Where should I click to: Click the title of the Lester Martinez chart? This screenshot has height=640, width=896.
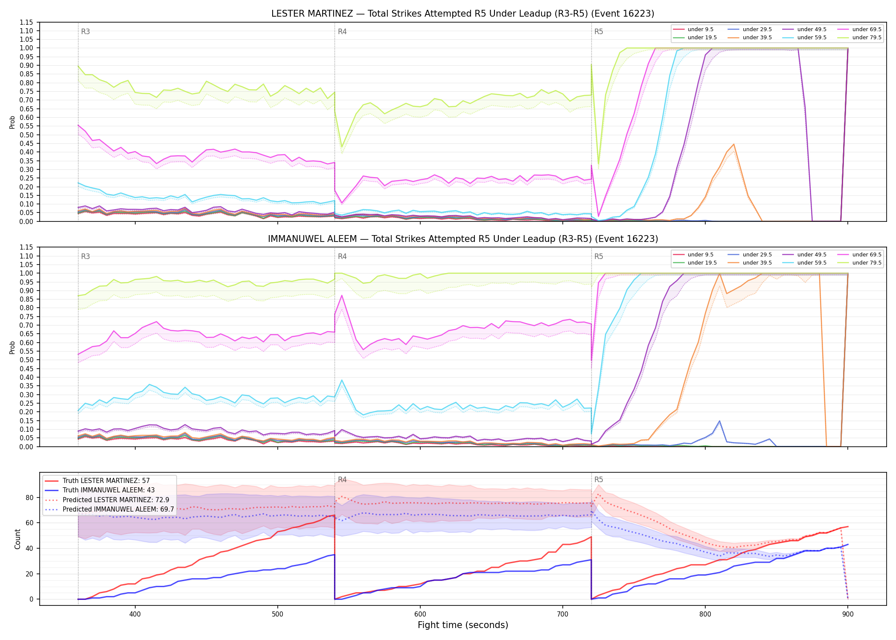tap(463, 14)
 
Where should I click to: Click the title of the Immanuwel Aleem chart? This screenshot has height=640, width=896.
tap(463, 239)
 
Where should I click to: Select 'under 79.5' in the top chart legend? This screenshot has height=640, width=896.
tap(867, 38)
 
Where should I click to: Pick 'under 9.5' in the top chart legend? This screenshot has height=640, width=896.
tap(700, 29)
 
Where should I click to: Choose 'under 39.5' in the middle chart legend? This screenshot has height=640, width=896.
tap(757, 263)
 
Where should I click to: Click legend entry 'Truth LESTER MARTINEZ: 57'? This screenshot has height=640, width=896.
tap(106, 481)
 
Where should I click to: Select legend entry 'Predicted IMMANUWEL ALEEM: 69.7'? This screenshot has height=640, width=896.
tap(118, 509)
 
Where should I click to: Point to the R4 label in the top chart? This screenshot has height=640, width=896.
tap(342, 32)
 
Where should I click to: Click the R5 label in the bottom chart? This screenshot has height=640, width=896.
tap(599, 480)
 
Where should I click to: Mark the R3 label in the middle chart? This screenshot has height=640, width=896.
tap(85, 256)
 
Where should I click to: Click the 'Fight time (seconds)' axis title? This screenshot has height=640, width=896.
tap(463, 625)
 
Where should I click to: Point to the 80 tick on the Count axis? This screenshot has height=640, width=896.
tap(29, 497)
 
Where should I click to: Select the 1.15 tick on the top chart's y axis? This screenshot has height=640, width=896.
tap(26, 22)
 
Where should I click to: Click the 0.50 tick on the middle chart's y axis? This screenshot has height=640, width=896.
tap(26, 360)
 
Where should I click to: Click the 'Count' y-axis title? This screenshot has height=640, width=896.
tap(17, 539)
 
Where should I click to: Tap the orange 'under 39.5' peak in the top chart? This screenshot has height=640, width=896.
tap(733, 144)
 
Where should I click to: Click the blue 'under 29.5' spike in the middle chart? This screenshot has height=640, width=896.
tap(720, 421)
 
